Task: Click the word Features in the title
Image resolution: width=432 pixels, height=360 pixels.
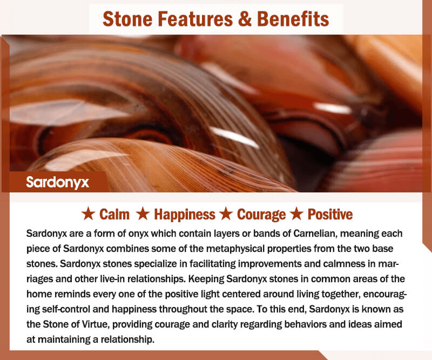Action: (196, 19)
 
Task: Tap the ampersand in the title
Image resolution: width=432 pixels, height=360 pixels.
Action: (246, 19)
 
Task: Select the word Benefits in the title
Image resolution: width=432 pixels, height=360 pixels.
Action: (293, 19)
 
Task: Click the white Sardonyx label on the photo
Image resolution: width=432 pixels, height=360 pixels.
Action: (58, 182)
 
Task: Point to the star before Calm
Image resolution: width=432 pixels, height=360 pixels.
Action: (88, 214)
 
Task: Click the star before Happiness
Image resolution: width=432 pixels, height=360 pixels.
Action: (143, 214)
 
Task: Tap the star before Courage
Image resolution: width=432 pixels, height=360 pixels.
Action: (226, 214)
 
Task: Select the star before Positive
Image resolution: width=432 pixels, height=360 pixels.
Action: (296, 214)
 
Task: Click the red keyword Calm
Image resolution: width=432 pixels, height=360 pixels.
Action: (114, 215)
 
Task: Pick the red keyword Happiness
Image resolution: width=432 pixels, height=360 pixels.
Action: (185, 215)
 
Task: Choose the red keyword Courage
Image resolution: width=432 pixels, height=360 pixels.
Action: (261, 215)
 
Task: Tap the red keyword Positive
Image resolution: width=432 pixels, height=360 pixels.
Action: (330, 215)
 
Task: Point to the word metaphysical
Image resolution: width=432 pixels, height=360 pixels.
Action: (235, 249)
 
